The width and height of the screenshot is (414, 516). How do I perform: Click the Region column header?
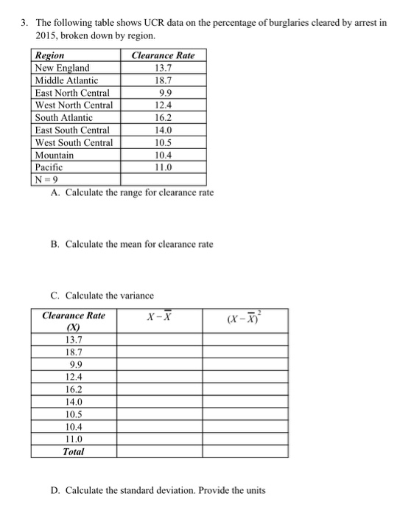pos(50,55)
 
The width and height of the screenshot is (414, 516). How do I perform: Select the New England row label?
pos(63,68)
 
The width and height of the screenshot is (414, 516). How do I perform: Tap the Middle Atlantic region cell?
pos(67,80)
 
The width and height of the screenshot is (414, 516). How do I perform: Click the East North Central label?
pos(72,93)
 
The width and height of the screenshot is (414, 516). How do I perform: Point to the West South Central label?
pos(74,142)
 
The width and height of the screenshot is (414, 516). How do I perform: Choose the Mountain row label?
pos(55,155)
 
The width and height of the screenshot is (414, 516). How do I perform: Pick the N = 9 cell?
pos(46,179)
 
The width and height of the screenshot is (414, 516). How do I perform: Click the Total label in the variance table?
pos(73,451)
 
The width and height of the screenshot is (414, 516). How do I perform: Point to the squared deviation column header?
pos(246,318)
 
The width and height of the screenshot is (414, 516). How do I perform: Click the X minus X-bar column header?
pos(159,317)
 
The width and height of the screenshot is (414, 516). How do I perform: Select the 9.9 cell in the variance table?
pos(74,363)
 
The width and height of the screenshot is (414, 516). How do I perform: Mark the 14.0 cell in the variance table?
pos(74,402)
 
